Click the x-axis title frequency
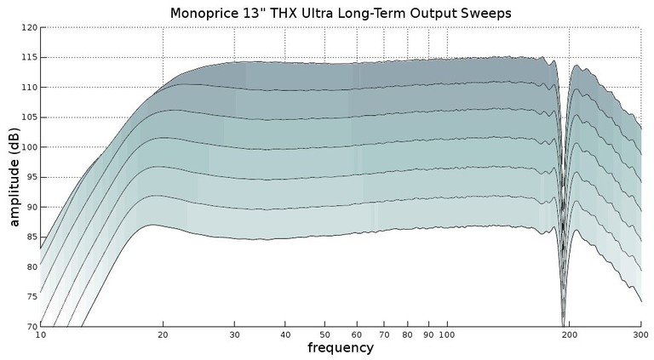(340, 348)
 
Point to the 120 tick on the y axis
(29, 28)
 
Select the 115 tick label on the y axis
(29, 58)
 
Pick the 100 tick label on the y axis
(29, 147)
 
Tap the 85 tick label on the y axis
(31, 237)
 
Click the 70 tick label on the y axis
(31, 326)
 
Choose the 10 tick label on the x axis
(40, 335)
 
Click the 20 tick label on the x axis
(163, 335)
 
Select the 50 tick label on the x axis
(324, 335)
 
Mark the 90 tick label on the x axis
(428, 335)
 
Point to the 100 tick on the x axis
(447, 335)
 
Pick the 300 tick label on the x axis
(640, 335)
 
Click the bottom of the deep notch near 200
(563, 323)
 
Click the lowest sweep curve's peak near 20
(152, 225)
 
